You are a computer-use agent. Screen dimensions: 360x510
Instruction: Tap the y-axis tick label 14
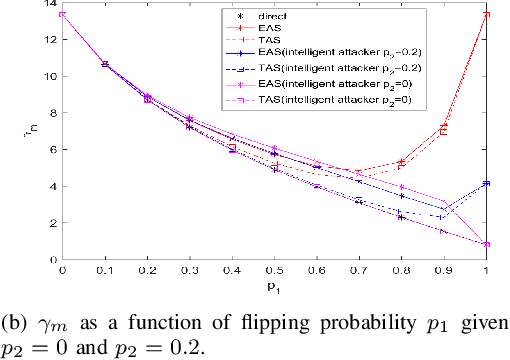tap(50, 6)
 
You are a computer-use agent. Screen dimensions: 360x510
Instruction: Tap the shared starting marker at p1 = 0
tap(62, 14)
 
